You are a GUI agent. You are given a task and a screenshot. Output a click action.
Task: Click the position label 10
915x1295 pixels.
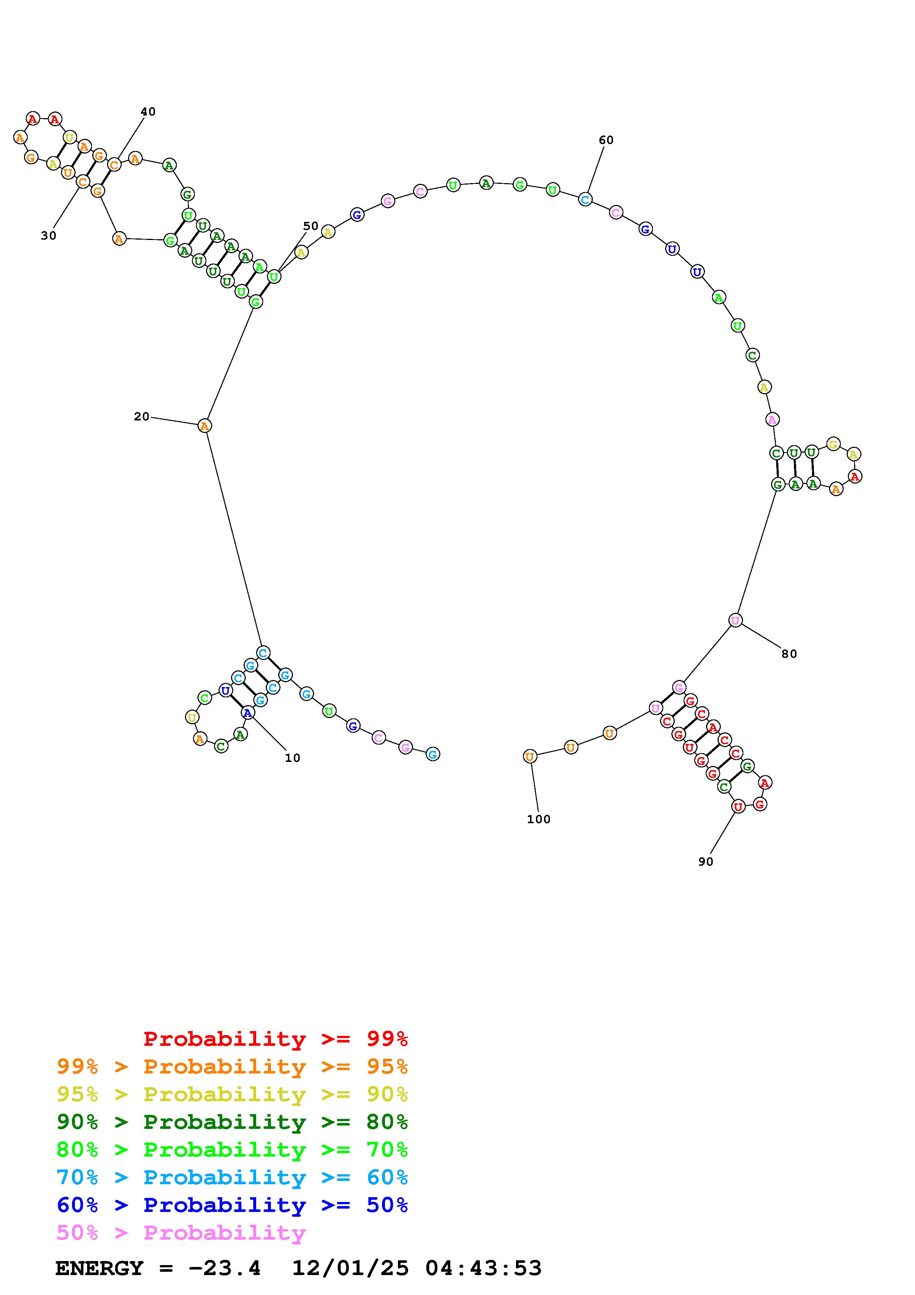292,758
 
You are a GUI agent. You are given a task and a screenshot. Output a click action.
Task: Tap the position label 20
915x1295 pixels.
141,417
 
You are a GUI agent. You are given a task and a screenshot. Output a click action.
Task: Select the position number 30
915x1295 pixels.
48,236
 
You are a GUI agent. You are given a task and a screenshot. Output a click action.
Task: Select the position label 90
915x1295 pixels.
705,861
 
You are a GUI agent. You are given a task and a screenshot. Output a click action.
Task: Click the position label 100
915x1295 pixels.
539,819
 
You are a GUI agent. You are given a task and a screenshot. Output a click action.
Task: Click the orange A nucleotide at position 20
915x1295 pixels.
204,426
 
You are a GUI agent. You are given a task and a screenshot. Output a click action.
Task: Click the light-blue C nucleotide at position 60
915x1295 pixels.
585,199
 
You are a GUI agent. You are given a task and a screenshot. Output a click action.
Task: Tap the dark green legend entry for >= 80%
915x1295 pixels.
232,1122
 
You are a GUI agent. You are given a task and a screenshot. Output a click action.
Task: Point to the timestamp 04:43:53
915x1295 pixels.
483,1268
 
